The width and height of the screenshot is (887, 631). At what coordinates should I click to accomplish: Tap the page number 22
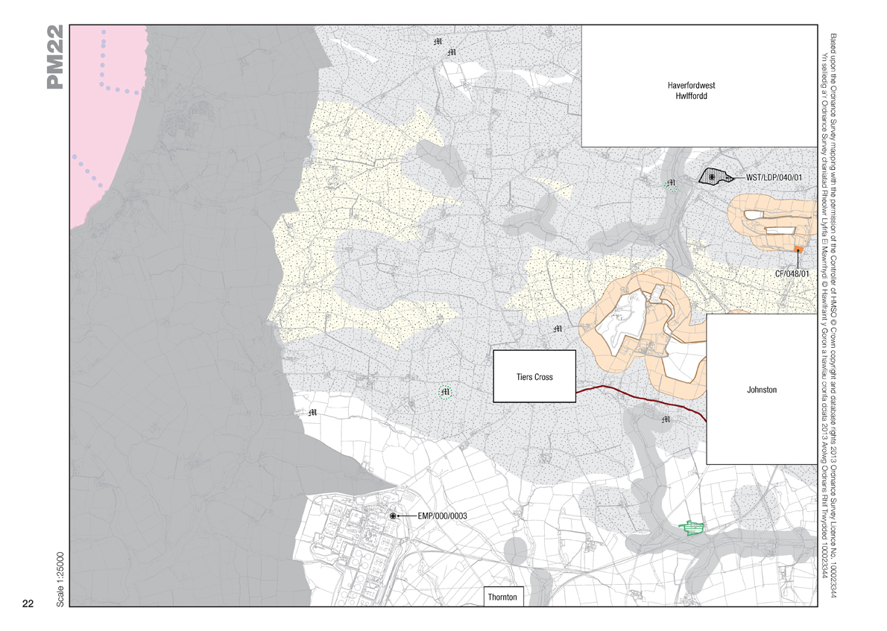(28, 603)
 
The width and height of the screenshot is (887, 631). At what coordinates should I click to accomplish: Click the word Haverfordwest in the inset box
(691, 86)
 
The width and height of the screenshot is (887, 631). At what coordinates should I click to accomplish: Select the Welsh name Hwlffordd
(691, 97)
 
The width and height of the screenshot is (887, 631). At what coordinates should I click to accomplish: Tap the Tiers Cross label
(534, 377)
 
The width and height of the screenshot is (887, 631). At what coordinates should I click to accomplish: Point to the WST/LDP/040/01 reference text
(774, 177)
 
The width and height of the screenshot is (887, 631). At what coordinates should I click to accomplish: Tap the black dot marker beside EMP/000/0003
(393, 516)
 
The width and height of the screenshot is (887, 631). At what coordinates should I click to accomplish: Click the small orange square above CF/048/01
(798, 250)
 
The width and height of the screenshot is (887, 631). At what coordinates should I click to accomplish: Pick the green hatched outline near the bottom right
(694, 529)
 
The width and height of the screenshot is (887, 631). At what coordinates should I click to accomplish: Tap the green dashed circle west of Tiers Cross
(446, 393)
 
